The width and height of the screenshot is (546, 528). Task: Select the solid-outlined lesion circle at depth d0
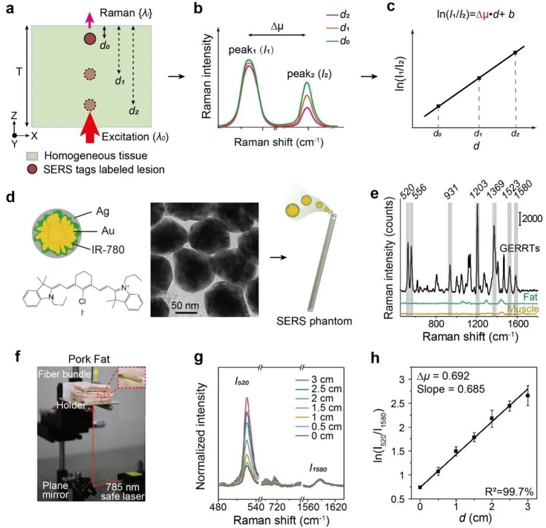point(90,39)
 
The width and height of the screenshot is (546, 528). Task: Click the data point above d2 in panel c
point(515,53)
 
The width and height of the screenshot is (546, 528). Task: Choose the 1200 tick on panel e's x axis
point(477,322)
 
